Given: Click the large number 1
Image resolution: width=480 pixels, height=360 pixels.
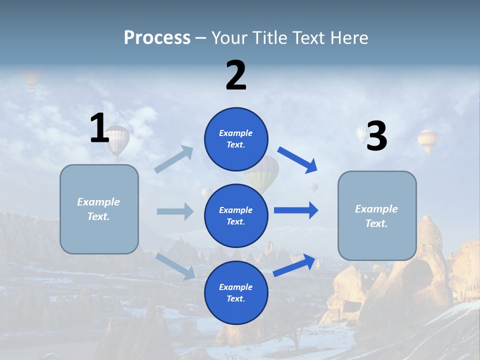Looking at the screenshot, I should click(99, 128).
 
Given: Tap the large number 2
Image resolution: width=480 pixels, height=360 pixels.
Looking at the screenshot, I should click(236, 75).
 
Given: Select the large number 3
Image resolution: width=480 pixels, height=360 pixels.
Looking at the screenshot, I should click(377, 136).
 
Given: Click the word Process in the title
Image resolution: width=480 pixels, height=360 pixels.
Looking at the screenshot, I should click(157, 37).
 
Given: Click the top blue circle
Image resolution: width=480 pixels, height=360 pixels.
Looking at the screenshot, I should click(236, 139).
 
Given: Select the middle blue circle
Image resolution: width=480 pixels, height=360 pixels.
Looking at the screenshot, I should click(236, 215).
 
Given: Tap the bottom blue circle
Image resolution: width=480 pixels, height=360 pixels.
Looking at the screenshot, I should click(236, 292).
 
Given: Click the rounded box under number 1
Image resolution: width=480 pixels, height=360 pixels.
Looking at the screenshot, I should click(99, 209).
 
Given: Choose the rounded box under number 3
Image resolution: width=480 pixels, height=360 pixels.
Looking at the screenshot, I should click(377, 215).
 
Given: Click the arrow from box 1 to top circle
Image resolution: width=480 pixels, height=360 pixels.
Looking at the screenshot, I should click(174, 160).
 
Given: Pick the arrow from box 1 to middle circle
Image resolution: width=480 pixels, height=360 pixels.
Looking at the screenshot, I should click(175, 211).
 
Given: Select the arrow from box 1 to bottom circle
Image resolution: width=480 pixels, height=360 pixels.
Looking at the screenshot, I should click(175, 266).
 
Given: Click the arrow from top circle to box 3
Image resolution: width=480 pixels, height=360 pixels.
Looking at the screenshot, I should click(297, 159).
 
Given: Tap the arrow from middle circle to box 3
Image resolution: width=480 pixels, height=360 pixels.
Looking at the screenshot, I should click(296, 210).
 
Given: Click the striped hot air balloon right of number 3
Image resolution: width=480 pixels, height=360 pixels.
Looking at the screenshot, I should click(428, 140).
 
